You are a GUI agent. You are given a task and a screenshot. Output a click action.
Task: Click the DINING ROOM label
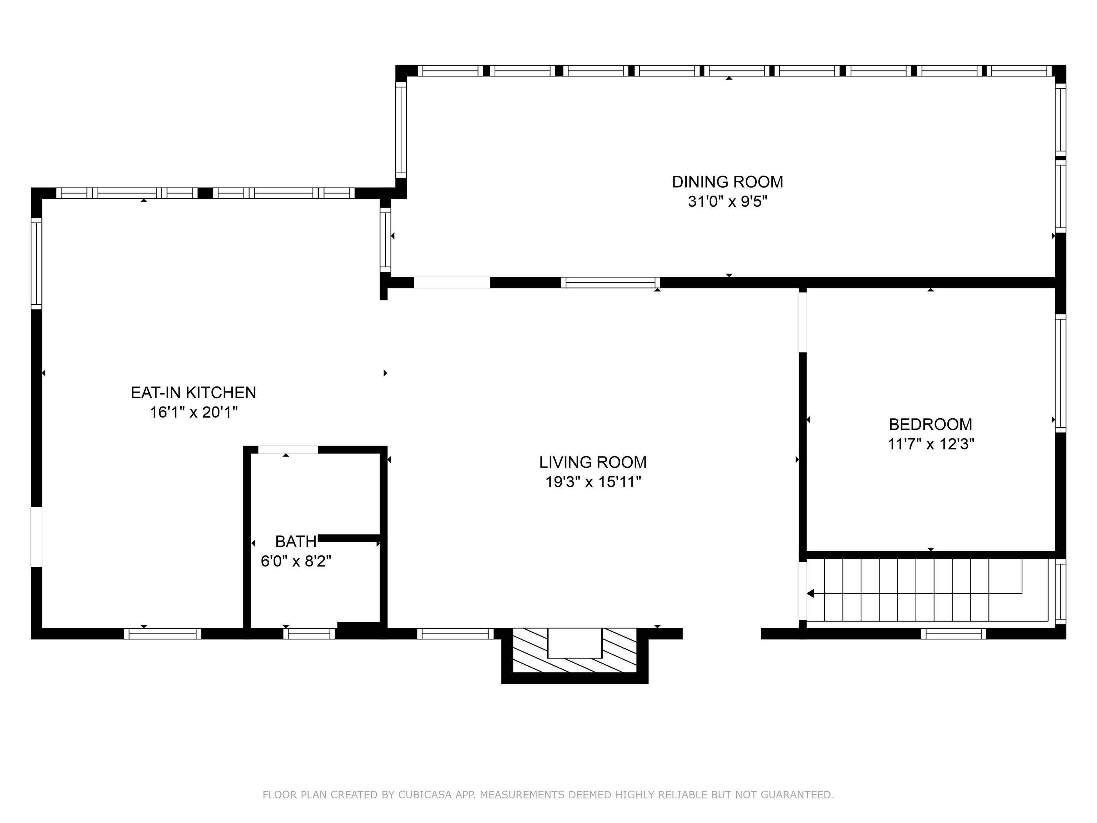[x=727, y=182]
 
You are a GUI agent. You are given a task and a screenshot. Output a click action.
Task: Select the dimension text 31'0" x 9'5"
[x=727, y=202]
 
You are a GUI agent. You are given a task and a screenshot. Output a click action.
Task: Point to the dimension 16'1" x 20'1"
[x=194, y=412]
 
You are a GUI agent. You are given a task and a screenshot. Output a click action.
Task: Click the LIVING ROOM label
[x=593, y=462]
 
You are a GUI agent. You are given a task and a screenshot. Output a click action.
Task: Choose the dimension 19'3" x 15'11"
[x=593, y=482]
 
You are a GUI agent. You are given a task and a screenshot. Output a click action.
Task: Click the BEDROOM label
[x=930, y=425]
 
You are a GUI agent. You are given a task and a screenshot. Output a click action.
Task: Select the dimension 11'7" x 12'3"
[x=930, y=444]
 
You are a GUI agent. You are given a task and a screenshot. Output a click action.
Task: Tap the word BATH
[x=296, y=541]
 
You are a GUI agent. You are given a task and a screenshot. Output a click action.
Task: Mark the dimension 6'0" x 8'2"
[x=296, y=561]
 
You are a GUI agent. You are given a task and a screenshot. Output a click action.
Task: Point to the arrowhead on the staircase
[x=810, y=593]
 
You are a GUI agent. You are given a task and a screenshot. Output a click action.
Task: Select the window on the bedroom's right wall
[x=1060, y=373]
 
